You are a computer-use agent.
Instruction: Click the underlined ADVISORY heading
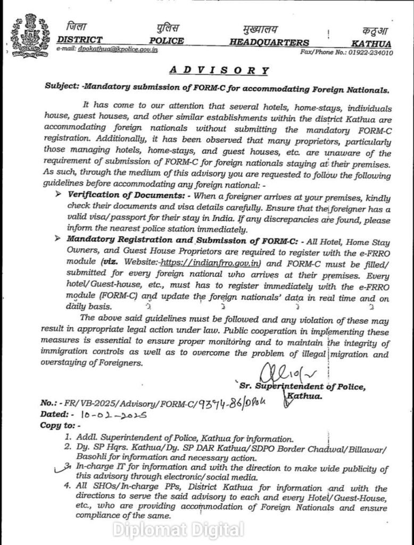(220, 70)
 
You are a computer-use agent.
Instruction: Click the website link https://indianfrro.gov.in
(197, 262)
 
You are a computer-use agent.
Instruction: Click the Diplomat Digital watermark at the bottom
(178, 529)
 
